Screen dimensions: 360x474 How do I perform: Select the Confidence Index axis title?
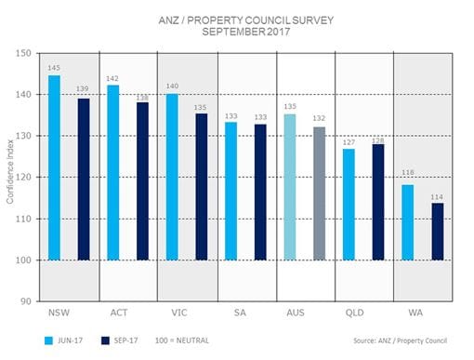pos(11,178)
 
